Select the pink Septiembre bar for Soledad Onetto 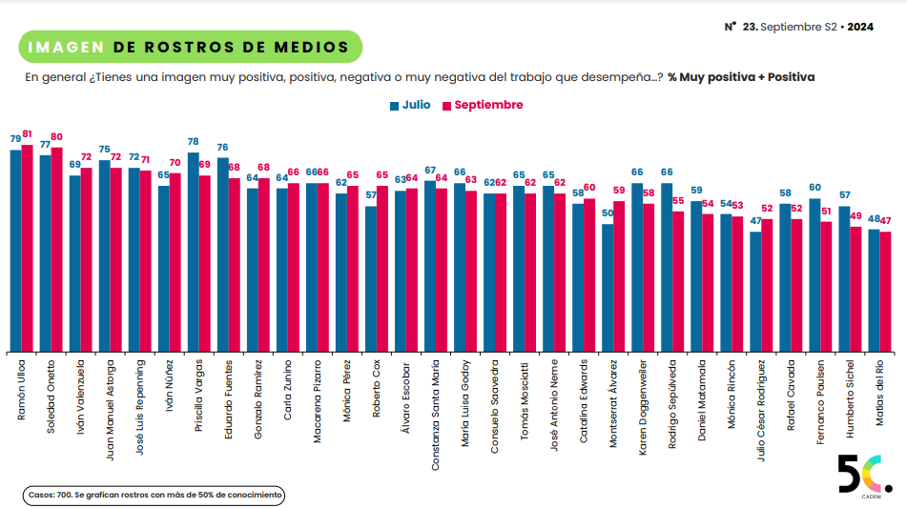point(56,250)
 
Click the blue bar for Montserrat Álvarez point(607,287)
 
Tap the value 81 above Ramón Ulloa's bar point(27,134)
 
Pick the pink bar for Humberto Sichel point(855,290)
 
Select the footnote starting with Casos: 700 point(154,496)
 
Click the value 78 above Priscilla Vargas point(193,141)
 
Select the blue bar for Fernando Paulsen point(814,274)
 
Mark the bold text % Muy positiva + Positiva point(741,76)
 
